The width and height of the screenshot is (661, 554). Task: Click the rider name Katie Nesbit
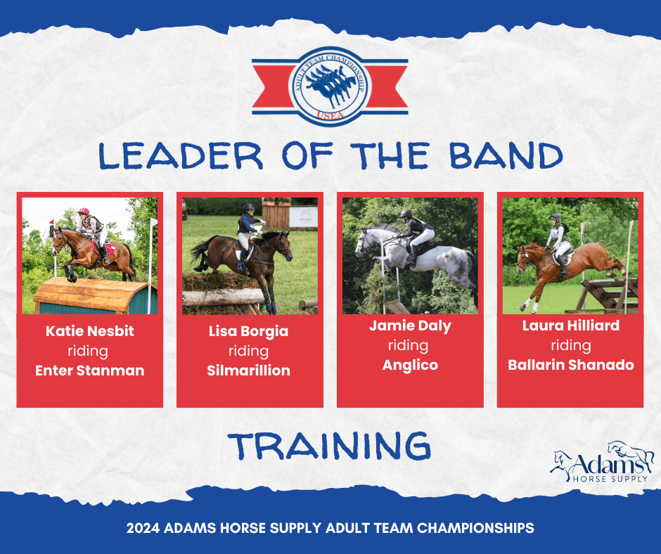tap(90, 331)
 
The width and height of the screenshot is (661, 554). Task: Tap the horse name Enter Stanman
tap(90, 371)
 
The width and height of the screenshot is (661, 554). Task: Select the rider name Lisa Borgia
tap(249, 331)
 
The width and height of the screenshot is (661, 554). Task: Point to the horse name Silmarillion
tap(249, 371)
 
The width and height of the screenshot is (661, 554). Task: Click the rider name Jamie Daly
tap(410, 326)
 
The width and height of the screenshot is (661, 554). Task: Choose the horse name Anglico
tap(410, 365)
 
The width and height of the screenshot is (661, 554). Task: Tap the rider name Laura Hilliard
tap(571, 326)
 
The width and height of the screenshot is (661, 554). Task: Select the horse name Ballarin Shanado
tap(571, 365)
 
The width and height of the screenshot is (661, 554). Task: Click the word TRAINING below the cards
tap(330, 446)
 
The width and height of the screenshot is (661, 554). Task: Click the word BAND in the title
tap(506, 155)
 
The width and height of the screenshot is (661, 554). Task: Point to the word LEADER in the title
tap(181, 155)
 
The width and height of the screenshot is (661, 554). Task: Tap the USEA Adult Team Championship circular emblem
tap(330, 86)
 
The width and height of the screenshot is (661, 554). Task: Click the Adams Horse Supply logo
tap(601, 462)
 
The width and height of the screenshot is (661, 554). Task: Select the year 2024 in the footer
tap(143, 528)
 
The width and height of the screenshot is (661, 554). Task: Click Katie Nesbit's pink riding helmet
tap(84, 211)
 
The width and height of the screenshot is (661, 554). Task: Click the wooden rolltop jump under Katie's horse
tap(95, 295)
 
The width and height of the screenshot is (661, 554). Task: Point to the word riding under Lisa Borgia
tap(249, 352)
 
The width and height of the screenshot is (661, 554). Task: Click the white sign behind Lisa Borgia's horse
tap(303, 217)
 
